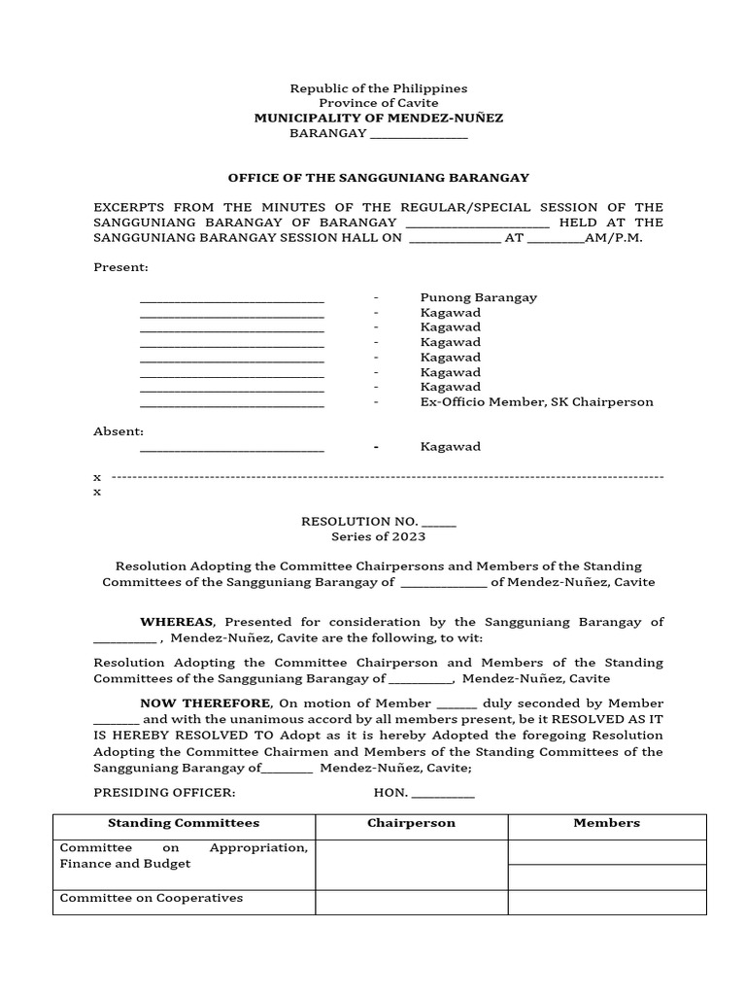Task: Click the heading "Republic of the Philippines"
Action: tap(378, 88)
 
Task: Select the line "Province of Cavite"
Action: tap(378, 103)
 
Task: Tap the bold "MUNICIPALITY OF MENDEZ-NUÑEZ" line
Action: tap(378, 118)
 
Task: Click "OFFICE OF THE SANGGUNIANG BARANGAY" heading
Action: tap(378, 178)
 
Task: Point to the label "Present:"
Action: tap(120, 267)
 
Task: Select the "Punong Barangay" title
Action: tap(478, 297)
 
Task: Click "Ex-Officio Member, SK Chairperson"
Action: tap(536, 402)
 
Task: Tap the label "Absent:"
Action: tap(119, 431)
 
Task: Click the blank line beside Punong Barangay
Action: tap(232, 299)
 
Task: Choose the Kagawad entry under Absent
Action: tap(450, 447)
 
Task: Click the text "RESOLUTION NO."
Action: tap(360, 522)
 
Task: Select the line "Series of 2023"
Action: tap(378, 536)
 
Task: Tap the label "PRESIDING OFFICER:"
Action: tap(164, 793)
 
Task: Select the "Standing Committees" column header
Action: tap(184, 823)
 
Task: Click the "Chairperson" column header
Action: tap(411, 823)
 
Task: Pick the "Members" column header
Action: tap(607, 823)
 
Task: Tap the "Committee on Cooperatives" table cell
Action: tap(152, 898)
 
